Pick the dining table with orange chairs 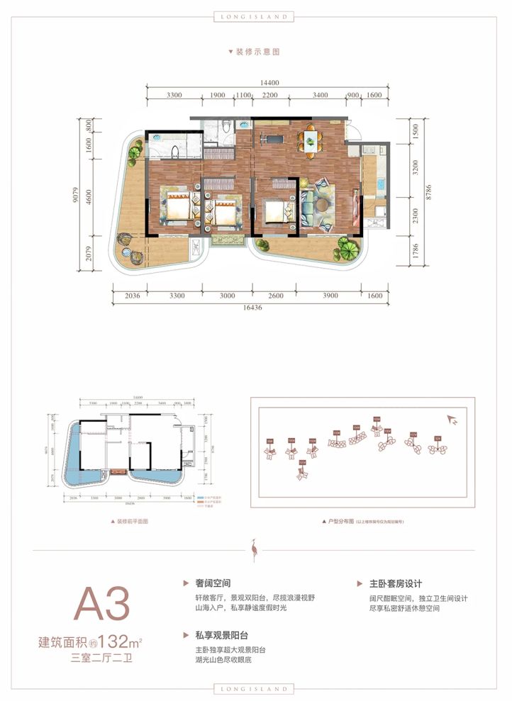pos(310,139)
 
